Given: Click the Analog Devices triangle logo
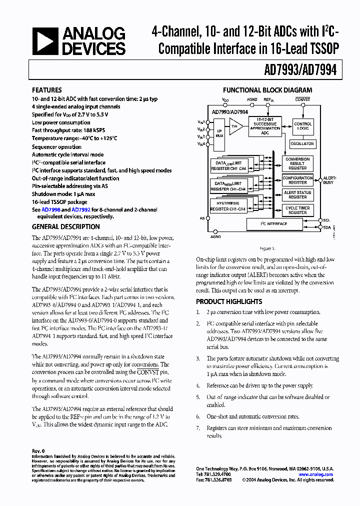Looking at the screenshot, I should (x=44, y=41).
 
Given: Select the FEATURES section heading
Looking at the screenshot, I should (x=47, y=90).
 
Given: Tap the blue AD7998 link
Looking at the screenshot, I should (x=50, y=210).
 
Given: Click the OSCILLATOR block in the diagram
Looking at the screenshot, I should (x=302, y=143).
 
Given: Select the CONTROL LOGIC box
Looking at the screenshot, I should (x=302, y=126).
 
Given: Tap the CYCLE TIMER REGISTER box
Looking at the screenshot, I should (x=297, y=210).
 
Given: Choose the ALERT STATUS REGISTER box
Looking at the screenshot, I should (x=297, y=195).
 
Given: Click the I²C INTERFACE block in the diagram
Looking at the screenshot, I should (x=274, y=223).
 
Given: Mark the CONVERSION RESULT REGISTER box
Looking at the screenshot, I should (x=297, y=163).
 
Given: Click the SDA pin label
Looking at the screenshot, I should (x=326, y=227).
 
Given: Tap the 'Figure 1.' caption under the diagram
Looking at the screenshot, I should (x=265, y=248).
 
